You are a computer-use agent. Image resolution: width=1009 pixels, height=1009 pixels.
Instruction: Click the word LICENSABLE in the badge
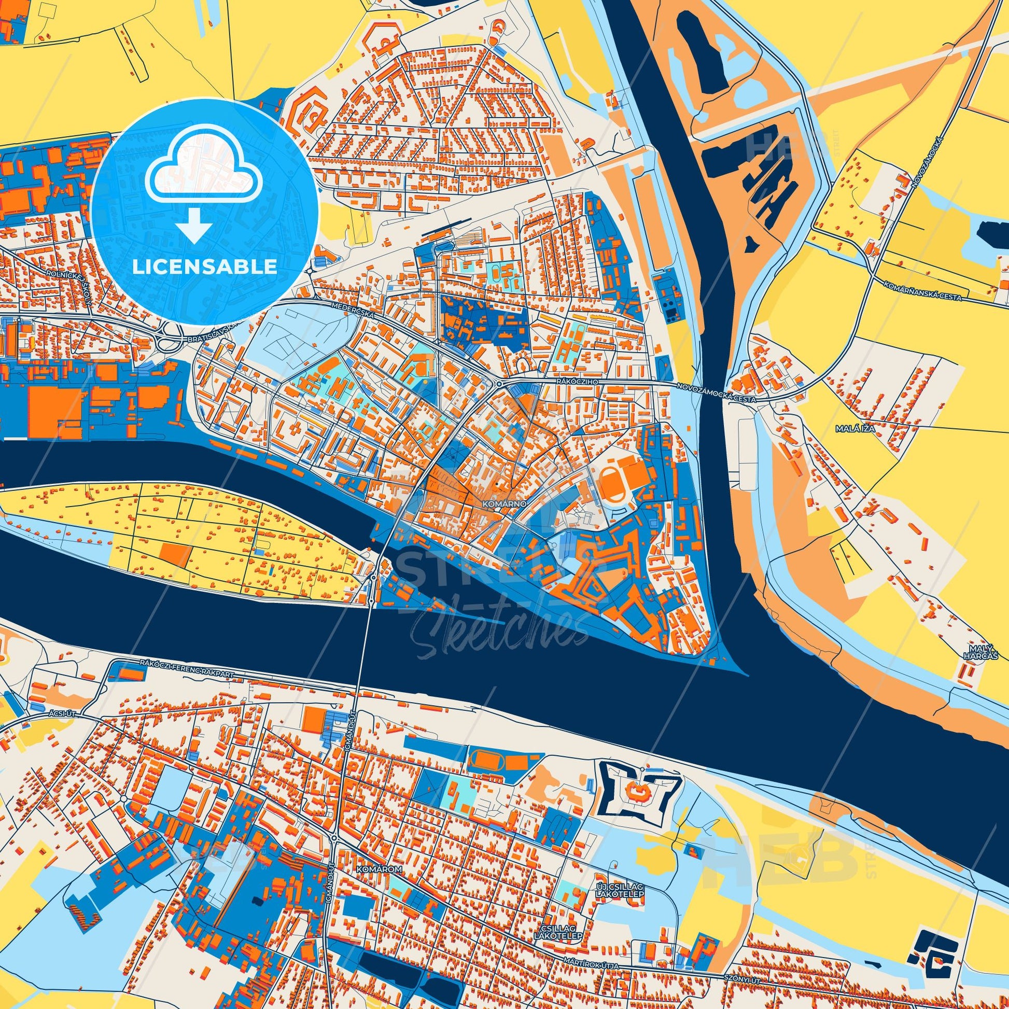tap(204, 267)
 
